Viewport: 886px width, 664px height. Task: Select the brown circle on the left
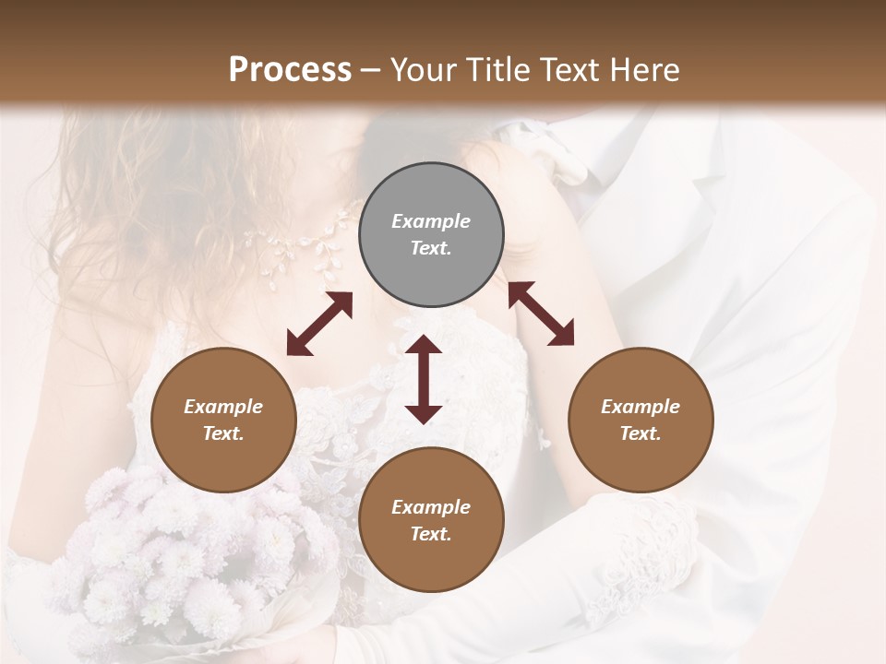(223, 420)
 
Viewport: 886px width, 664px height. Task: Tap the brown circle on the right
(641, 420)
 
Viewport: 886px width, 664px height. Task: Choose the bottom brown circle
(431, 520)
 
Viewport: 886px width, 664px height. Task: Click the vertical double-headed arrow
(424, 379)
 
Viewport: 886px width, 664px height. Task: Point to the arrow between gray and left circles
(319, 324)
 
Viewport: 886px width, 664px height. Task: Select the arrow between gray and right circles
(541, 314)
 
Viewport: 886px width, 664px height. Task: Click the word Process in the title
(290, 70)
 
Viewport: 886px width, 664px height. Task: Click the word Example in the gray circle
(431, 221)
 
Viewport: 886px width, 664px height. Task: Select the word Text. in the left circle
(223, 433)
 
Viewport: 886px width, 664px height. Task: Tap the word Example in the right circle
(641, 407)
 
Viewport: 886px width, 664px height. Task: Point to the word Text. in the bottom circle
(431, 534)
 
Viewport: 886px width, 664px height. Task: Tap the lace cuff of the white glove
(646, 535)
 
